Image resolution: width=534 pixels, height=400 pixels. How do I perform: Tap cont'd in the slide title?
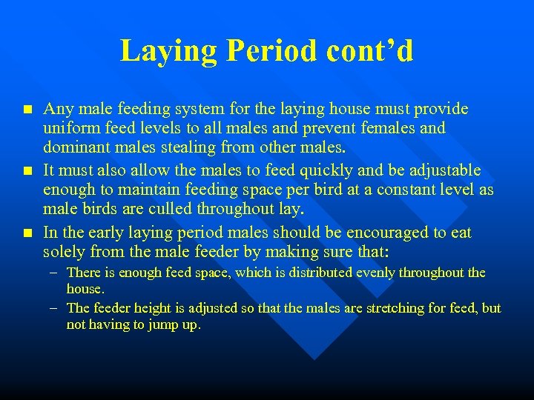click(x=369, y=51)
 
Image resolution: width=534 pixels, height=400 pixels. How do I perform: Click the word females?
click(x=389, y=128)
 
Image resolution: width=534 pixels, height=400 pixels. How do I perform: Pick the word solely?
click(x=64, y=251)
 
